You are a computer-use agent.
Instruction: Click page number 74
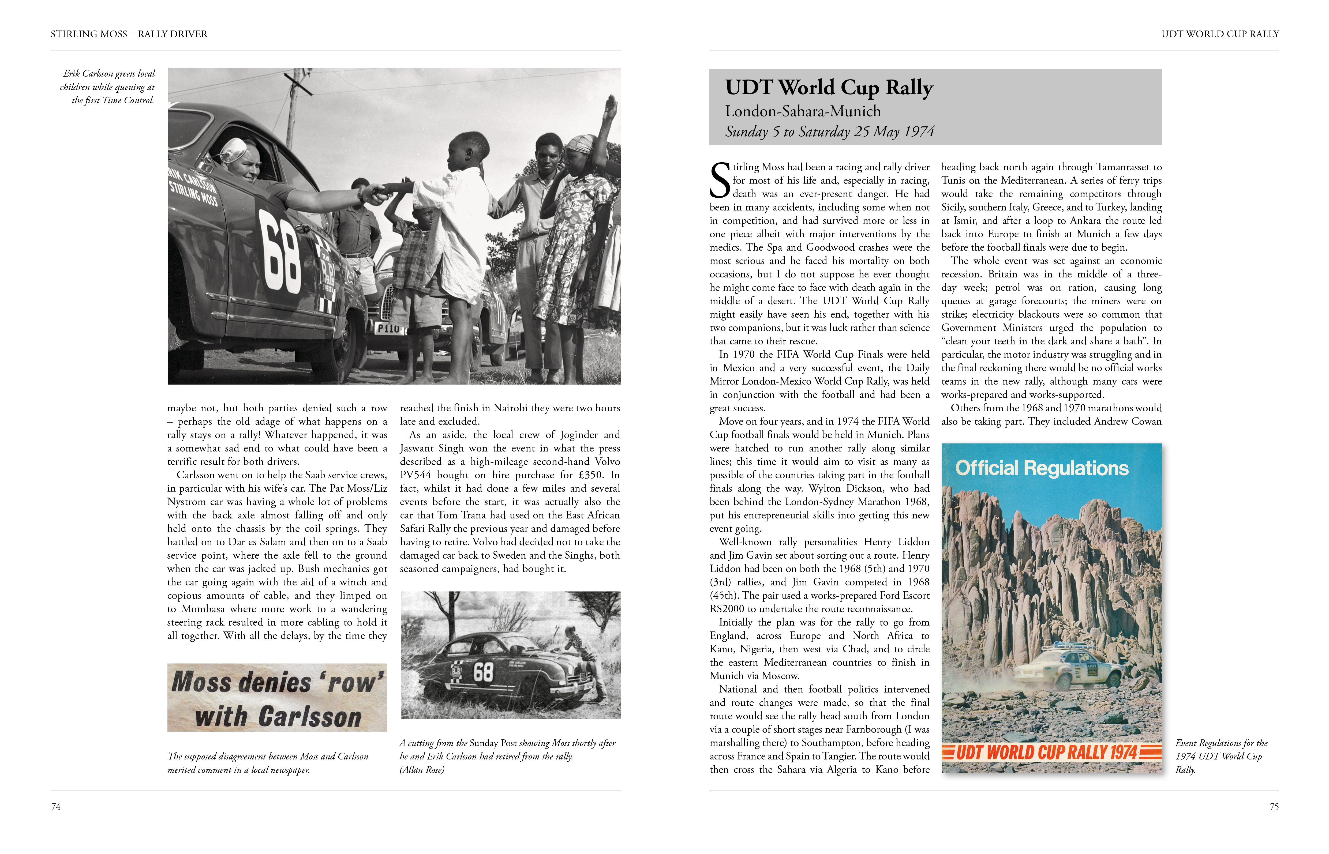[x=55, y=807]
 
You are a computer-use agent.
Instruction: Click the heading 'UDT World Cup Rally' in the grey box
[x=829, y=88]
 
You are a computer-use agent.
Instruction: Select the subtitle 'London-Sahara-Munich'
[x=803, y=111]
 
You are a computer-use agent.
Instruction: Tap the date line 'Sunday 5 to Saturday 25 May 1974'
[x=829, y=132]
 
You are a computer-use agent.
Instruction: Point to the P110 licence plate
[x=388, y=329]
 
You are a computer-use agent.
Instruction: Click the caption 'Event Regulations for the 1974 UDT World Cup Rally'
[x=1220, y=757]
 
